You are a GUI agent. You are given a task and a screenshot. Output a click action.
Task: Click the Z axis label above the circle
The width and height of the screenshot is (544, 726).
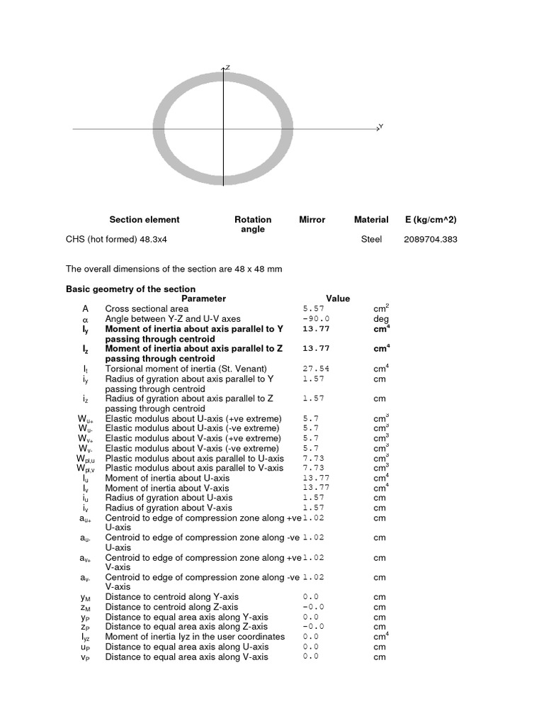[227, 67]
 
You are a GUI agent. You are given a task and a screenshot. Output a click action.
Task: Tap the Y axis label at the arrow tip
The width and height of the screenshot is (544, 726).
[381, 126]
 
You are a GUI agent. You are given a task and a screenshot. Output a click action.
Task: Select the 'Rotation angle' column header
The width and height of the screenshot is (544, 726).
[253, 224]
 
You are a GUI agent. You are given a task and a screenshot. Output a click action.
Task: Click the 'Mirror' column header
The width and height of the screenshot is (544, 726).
[312, 220]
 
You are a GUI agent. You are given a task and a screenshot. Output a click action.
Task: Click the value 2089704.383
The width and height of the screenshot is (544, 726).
[431, 239]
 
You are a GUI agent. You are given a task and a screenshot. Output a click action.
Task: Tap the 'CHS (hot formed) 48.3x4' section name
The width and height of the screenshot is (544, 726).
[116, 239]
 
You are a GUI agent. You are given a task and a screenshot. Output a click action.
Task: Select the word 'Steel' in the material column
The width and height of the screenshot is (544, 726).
[371, 239]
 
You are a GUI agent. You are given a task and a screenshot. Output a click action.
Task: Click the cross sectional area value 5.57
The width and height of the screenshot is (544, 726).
[313, 309]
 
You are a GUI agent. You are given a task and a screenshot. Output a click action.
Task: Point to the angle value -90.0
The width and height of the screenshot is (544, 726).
[316, 319]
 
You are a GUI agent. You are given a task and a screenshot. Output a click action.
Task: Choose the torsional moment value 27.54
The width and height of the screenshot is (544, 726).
[316, 369]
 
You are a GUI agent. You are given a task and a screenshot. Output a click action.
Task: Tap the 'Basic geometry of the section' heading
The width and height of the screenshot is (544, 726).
[130, 289]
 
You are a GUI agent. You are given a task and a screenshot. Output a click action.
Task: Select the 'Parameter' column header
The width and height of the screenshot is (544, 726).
[203, 298]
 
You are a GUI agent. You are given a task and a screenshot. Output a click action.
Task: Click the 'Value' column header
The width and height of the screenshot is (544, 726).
[338, 298]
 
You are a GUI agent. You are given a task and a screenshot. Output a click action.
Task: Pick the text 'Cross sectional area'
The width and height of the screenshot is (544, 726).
[147, 309]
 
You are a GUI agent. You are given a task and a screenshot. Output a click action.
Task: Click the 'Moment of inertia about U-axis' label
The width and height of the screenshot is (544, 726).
[167, 478]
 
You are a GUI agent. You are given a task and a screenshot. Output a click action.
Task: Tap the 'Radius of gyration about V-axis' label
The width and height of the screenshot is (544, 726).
[169, 508]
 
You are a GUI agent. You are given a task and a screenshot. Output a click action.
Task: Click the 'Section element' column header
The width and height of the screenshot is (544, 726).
[144, 220]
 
